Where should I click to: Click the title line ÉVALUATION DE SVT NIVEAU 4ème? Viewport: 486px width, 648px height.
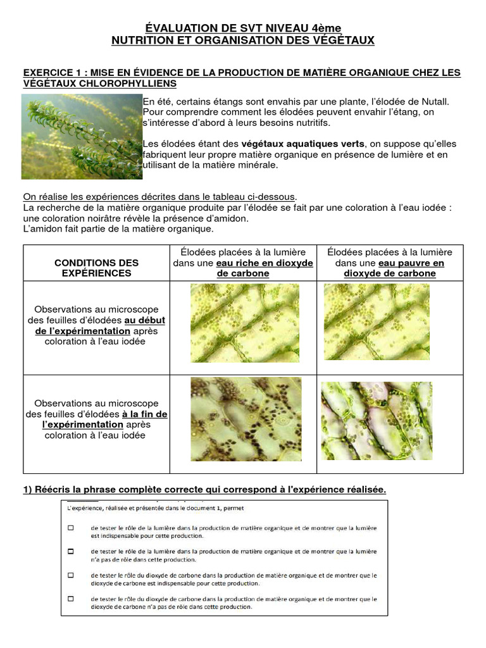pyautogui.click(x=243, y=28)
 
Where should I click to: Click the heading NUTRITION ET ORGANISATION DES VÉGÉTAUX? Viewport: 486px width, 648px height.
pyautogui.click(x=243, y=40)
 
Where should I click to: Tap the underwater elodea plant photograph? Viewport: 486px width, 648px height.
pyautogui.click(x=82, y=136)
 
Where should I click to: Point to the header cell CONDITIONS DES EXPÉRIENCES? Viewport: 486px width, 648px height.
pyautogui.click(x=97, y=268)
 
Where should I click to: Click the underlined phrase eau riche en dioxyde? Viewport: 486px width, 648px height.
pyautogui.click(x=265, y=263)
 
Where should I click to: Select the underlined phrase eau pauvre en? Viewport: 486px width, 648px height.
pyautogui.click(x=411, y=263)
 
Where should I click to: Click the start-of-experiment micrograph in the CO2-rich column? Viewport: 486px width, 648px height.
pyautogui.click(x=245, y=323)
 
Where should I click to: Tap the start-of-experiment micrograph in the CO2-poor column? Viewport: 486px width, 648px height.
pyautogui.click(x=377, y=323)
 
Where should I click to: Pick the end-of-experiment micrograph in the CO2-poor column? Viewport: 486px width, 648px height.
pyautogui.click(x=377, y=421)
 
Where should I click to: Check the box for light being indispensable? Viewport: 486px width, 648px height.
pyautogui.click(x=71, y=527)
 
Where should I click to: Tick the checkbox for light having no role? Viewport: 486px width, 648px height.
pyautogui.click(x=71, y=551)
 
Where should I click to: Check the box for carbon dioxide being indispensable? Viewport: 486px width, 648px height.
pyautogui.click(x=71, y=575)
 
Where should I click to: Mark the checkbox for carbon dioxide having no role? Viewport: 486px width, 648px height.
pyautogui.click(x=71, y=599)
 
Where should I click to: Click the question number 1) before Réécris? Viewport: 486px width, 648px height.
pyautogui.click(x=27, y=490)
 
